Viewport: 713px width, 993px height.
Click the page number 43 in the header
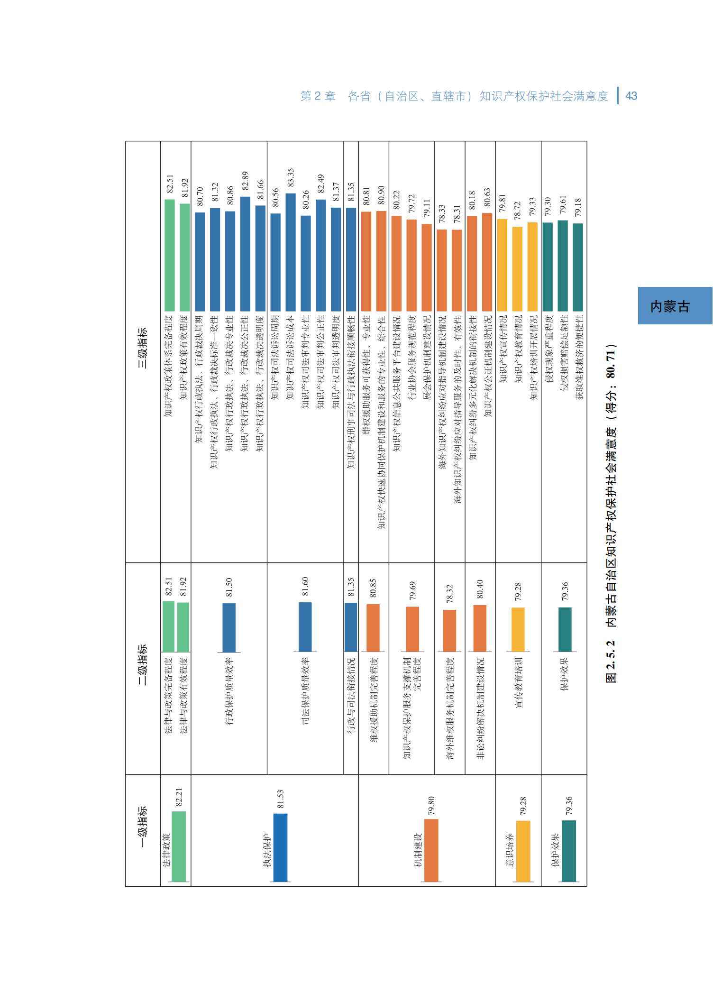pos(631,96)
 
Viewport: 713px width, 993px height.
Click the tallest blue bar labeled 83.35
pos(291,252)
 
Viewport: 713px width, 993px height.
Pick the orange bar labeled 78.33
pos(442,270)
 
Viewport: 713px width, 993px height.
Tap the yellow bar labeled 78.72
pos(518,269)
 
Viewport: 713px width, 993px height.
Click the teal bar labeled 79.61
pos(563,266)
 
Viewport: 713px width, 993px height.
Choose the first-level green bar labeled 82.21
pos(179,846)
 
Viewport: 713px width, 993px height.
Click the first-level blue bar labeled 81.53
pos(280,847)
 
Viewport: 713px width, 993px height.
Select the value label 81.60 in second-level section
pos(305,587)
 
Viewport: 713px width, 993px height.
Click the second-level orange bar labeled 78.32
pos(449,631)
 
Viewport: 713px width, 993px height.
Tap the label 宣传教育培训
pos(518,683)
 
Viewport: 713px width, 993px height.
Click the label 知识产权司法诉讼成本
pos(291,358)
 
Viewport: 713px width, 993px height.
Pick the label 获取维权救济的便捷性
pos(579,358)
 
